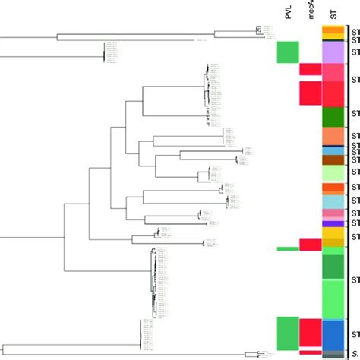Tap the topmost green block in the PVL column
pyautogui.click(x=287, y=52)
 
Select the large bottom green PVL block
pyautogui.click(x=287, y=333)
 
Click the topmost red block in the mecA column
pyautogui.click(x=310, y=69)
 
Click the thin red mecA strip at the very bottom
pyautogui.click(x=310, y=351)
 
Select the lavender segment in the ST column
pyautogui.click(x=334, y=52)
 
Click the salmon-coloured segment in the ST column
pyautogui.click(x=334, y=134)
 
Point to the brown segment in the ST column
pyautogui.click(x=334, y=159)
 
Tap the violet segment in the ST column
pyautogui.click(x=334, y=223)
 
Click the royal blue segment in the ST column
pyautogui.click(x=334, y=333)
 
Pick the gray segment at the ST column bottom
pyautogui.click(x=334, y=354)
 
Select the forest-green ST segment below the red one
pyautogui.click(x=334, y=116)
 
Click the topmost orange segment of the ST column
pyautogui.click(x=334, y=30)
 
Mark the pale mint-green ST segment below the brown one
pyautogui.click(x=334, y=173)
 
